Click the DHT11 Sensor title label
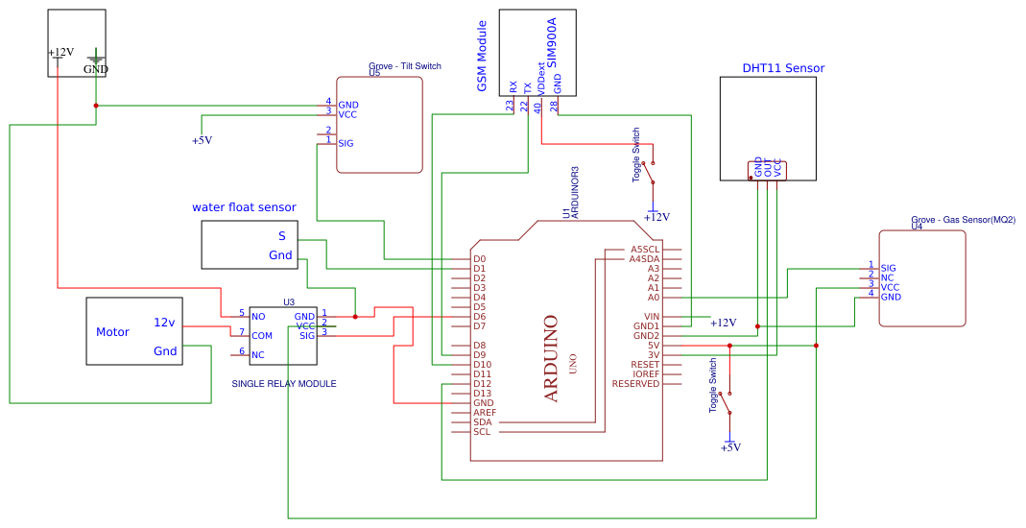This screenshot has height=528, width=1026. [x=783, y=68]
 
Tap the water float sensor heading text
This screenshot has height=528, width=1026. [x=244, y=207]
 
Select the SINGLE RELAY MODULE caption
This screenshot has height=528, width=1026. [x=284, y=384]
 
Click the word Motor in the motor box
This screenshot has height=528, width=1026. [x=112, y=332]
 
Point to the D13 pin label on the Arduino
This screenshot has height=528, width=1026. [x=482, y=394]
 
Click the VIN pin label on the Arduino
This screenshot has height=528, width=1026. [x=652, y=317]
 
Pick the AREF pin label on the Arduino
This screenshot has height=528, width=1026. [x=485, y=413]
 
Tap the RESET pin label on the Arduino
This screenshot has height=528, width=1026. [x=645, y=365]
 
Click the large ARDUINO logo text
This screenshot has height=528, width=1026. [x=551, y=358]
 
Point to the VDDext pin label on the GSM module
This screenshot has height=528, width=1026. [x=540, y=77]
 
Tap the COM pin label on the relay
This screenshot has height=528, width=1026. [x=262, y=336]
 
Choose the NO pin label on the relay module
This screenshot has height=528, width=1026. [x=258, y=317]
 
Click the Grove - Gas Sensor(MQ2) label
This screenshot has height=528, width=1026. [x=963, y=220]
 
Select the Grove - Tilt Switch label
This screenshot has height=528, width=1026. [x=405, y=66]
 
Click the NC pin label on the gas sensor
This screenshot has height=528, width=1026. [x=888, y=277]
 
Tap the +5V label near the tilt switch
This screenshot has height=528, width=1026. [x=202, y=140]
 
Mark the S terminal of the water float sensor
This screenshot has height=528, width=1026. [x=282, y=236]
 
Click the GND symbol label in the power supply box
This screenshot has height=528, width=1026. [x=96, y=69]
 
